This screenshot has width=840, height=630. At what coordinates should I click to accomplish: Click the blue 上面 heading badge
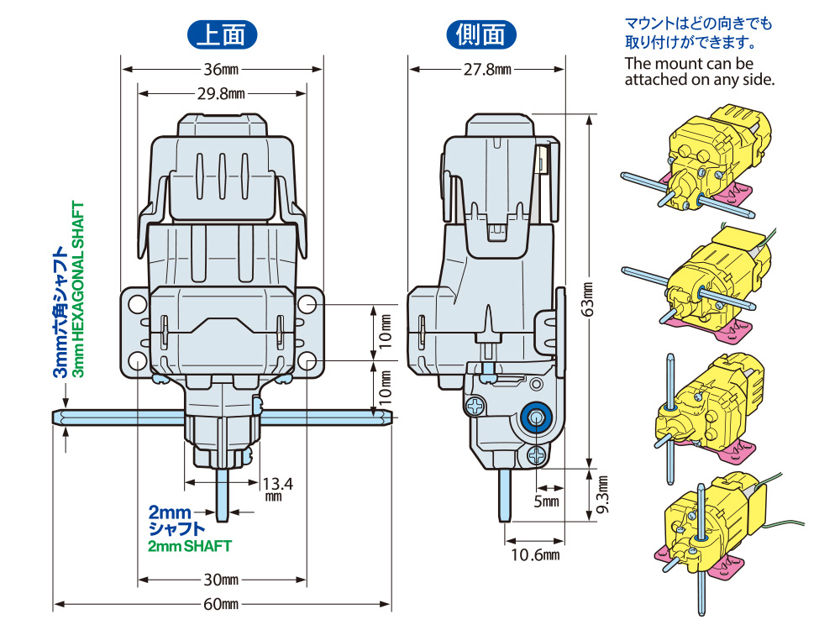pyautogui.click(x=221, y=34)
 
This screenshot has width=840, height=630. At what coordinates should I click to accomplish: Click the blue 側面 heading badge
pyautogui.click(x=481, y=34)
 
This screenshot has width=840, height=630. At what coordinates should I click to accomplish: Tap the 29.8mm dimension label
pyautogui.click(x=221, y=93)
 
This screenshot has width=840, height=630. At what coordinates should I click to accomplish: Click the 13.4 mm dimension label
pyautogui.click(x=277, y=488)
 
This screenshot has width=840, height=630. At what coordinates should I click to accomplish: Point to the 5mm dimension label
pyautogui.click(x=547, y=501)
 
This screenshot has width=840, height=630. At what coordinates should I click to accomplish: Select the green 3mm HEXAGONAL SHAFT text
pyautogui.click(x=79, y=290)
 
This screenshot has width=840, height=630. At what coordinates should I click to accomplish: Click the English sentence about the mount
pyautogui.click(x=698, y=71)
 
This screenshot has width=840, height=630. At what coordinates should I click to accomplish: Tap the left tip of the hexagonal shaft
pyautogui.click(x=56, y=417)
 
